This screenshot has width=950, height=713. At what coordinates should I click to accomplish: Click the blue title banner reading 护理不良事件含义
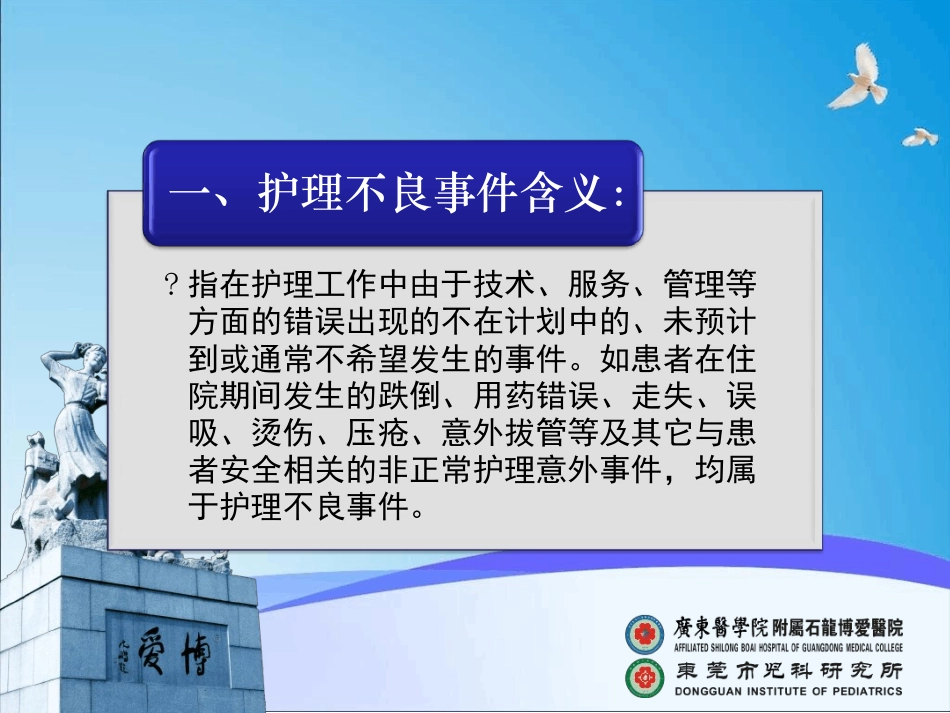tap(393, 193)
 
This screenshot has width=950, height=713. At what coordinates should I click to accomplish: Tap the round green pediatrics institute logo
tap(645, 677)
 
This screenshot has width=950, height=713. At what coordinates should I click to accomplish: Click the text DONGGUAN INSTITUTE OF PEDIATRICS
tap(789, 690)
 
